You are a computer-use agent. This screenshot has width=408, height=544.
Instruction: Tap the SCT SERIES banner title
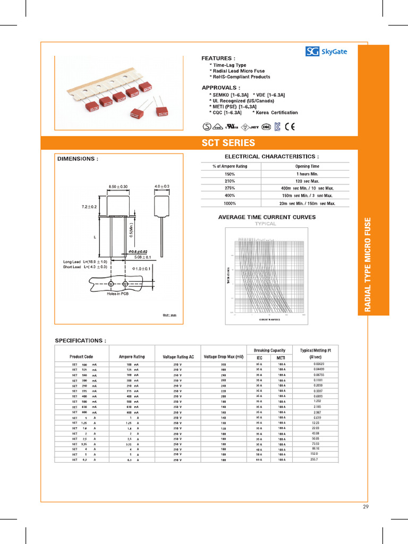pos(228,143)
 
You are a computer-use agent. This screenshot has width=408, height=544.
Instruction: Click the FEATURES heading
pos(218,58)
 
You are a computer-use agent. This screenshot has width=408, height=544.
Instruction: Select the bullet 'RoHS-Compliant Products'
pos(240,77)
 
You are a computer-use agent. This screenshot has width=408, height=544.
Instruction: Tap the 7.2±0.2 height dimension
pos(89,206)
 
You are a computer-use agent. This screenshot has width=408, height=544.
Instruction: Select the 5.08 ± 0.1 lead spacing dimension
pos(142,257)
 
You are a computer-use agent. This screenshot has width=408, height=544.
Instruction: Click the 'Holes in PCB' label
pos(118,293)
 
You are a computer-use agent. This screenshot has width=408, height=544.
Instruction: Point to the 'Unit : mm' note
pos(169,316)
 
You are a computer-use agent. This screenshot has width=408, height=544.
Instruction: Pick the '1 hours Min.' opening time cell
pos(307,174)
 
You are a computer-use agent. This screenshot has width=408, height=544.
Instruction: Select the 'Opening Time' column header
pos(307,166)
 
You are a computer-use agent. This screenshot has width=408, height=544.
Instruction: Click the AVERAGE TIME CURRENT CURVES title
pos(267,217)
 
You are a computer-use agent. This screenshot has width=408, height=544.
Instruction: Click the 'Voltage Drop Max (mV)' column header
pos(223,356)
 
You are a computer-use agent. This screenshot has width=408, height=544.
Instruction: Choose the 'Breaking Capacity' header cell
pos(269,350)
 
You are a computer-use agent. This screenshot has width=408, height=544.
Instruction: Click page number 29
pos(365,506)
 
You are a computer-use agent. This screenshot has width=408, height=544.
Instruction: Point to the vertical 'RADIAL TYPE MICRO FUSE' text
pos(373,264)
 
